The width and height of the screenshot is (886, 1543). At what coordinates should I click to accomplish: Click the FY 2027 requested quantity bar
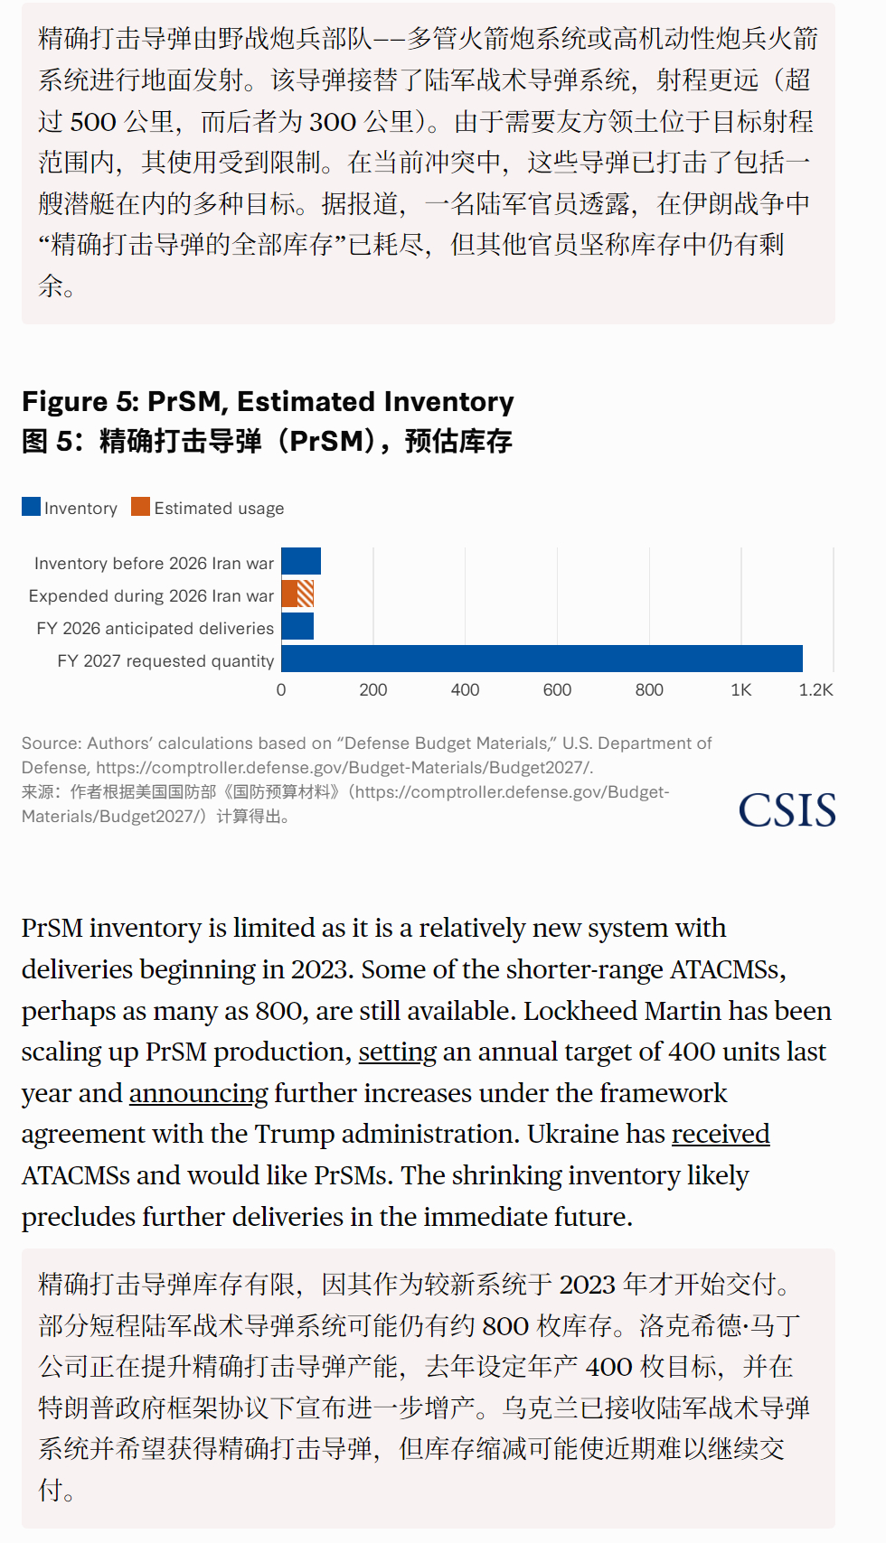[542, 659]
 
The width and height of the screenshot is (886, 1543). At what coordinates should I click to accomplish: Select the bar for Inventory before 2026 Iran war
[301, 561]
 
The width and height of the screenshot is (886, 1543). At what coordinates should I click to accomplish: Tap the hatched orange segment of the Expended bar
[306, 594]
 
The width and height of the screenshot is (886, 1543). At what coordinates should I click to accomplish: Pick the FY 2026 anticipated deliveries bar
[297, 626]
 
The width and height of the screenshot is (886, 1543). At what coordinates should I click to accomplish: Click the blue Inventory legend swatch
[32, 507]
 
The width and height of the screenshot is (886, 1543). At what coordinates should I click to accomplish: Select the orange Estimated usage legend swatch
[140, 507]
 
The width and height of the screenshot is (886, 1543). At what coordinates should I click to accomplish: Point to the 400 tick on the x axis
[465, 690]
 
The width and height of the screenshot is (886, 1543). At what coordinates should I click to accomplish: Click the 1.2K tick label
[815, 690]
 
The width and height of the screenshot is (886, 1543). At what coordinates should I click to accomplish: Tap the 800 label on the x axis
[649, 690]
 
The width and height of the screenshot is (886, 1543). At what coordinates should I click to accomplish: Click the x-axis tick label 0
[281, 690]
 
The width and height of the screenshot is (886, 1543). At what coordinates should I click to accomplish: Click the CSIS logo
[787, 810]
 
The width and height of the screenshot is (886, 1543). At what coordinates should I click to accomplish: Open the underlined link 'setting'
[398, 1052]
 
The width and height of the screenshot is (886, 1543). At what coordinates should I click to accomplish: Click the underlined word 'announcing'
[199, 1094]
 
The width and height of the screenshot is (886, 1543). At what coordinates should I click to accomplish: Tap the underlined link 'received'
[721, 1135]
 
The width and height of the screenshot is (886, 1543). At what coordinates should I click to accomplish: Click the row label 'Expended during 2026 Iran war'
[151, 596]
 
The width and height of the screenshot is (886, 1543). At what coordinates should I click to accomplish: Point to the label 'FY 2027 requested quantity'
[165, 661]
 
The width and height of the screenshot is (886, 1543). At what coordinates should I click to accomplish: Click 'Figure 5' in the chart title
[78, 402]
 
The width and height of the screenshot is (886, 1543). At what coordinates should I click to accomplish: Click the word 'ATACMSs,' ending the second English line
[728, 970]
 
